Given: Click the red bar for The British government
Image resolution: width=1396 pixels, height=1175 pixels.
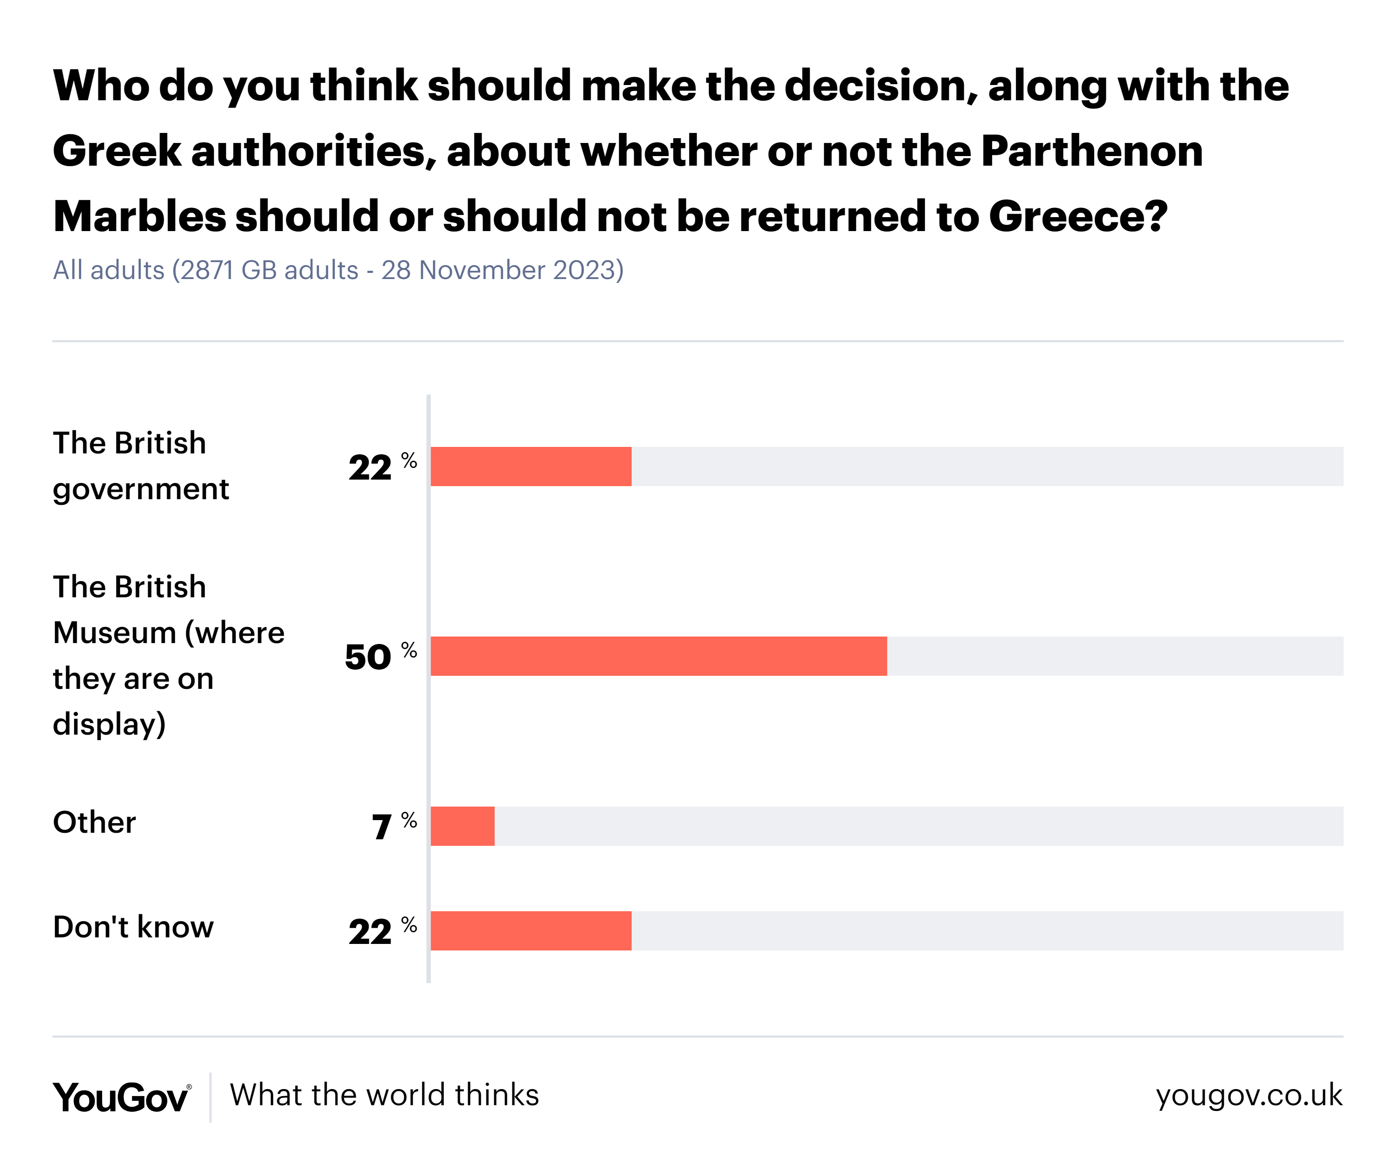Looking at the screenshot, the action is pos(530,466).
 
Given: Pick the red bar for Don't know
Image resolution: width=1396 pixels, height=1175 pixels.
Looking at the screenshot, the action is pos(530,930).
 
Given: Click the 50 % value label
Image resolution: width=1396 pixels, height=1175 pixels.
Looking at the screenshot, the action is pos(380,656).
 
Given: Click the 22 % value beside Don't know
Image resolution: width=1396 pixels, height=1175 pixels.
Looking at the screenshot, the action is pos(383,930).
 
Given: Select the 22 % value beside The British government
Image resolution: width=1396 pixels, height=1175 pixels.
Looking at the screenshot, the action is pos(383,466).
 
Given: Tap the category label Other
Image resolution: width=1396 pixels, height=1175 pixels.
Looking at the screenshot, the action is pos(94,823).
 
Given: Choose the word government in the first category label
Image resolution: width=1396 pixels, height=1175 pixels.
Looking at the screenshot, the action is pos(140,490).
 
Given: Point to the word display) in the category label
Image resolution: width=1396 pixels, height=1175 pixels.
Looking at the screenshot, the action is pos(109,724).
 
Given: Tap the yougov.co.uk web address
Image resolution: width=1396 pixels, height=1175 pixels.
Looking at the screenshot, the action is pos(1249,1096).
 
